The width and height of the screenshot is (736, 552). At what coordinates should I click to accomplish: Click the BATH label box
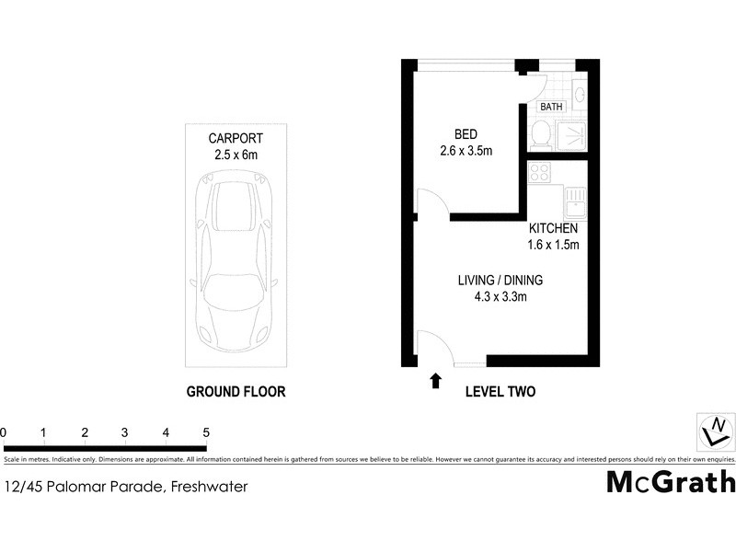551,107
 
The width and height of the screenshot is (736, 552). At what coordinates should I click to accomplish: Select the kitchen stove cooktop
539,172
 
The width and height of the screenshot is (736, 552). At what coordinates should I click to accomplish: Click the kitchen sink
576,196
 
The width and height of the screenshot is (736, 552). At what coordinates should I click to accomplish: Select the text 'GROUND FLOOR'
236,391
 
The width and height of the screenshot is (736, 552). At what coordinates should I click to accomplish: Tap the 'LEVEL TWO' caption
500,391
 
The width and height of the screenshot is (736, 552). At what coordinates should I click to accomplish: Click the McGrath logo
671,481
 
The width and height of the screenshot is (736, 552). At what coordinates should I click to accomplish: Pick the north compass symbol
716,430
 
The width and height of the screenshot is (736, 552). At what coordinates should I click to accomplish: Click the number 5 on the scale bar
206,432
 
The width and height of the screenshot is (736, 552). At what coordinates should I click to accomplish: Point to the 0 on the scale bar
5,432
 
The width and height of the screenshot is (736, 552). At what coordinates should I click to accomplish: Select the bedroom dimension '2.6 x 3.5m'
469,149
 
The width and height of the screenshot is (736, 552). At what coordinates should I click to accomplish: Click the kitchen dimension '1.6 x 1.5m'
553,245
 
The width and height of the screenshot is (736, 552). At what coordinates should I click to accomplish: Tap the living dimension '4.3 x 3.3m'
500,296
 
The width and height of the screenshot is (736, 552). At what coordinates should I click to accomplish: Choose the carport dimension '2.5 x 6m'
236,155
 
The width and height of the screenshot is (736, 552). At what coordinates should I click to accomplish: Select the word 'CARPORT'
236,139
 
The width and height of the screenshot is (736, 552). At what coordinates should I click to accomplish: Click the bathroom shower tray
574,136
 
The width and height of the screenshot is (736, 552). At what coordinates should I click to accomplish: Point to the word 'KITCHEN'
553,228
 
